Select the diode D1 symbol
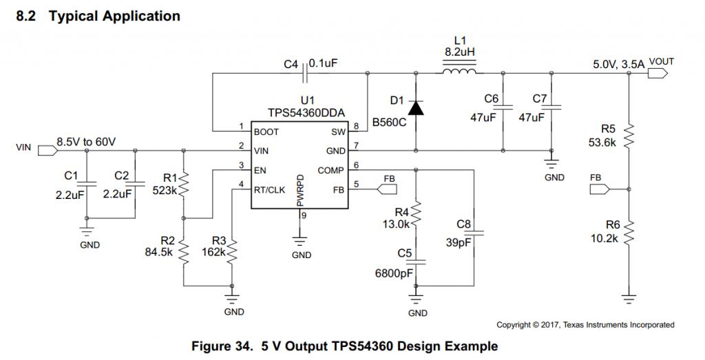click(415, 108)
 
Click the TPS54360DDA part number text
click(307, 112)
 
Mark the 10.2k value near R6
click(604, 237)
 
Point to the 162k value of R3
click(213, 253)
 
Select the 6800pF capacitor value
click(394, 273)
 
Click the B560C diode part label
click(388, 123)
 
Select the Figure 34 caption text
click(344, 346)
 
